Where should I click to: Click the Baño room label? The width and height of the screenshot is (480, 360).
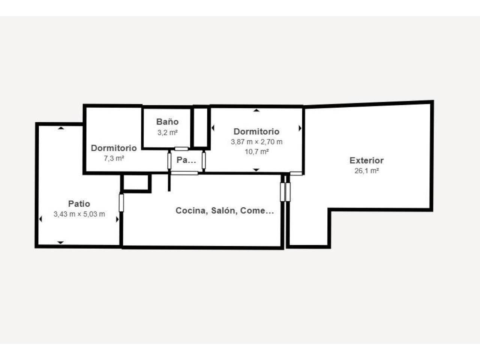coord(167,122)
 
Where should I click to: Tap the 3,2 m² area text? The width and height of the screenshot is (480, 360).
coord(168,132)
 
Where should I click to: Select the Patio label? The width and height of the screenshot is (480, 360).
coord(79,204)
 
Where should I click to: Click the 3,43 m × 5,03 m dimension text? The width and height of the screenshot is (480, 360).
coord(79,214)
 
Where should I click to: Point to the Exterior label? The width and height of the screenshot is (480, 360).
coord(366,160)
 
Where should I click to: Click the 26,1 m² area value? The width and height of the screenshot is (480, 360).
coord(367,171)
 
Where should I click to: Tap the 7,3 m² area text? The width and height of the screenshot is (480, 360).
coord(114,158)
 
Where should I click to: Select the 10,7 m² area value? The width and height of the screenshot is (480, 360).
coord(257,151)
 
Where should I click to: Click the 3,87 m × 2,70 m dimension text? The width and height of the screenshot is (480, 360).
coord(257,142)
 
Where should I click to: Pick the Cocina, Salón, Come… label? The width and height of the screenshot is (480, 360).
coord(225,210)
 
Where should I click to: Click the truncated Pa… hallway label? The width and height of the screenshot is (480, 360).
coord(186,160)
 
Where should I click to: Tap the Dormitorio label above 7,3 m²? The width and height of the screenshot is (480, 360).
coord(114,148)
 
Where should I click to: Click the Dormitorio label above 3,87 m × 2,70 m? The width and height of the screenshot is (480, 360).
coord(256,131)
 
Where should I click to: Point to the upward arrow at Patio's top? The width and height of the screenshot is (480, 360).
coord(61,128)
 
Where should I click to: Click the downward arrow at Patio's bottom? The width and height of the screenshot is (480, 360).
coord(61,243)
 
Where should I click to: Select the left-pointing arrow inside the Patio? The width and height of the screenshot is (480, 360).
coord(40,219)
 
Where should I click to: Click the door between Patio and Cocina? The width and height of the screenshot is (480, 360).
coord(121,203)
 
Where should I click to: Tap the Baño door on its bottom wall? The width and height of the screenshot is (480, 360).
coord(181,149)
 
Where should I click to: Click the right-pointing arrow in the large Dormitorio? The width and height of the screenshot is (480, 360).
coord(300,128)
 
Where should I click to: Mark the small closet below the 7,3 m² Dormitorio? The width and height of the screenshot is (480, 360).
coord(136,183)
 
